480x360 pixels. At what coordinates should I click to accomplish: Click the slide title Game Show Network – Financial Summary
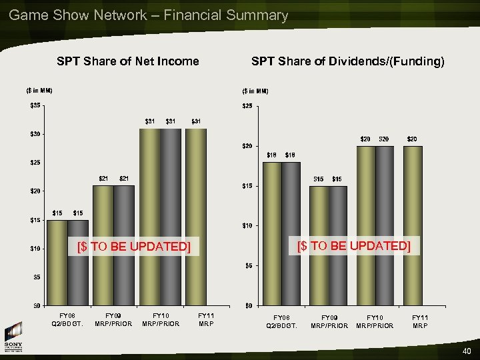pos(149,15)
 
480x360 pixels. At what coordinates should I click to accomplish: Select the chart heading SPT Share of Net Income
pos(128,61)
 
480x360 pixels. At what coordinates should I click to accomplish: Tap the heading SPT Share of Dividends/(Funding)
pos(347,61)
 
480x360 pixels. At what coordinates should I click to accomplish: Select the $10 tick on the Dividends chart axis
pos(248,225)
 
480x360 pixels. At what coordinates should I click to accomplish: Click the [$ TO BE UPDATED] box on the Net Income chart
pos(134,247)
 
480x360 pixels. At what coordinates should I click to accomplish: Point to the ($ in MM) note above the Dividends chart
pos(255,91)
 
